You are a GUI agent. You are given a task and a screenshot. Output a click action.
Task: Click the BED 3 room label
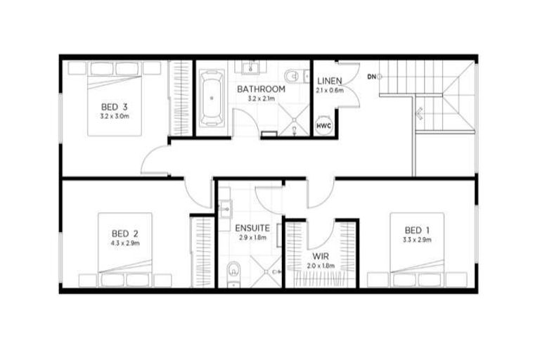point(115,108)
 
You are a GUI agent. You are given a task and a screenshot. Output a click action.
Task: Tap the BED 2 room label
point(124,233)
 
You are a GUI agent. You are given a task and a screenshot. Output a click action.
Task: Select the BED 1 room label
point(413,231)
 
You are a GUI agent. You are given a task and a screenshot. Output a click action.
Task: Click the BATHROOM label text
point(261,89)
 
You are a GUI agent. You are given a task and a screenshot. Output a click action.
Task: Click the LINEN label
point(330,81)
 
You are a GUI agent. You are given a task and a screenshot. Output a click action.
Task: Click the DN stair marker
point(372,75)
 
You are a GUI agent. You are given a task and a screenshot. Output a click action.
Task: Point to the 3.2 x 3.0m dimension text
point(115,116)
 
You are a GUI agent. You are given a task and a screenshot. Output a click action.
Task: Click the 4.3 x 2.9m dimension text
point(124,243)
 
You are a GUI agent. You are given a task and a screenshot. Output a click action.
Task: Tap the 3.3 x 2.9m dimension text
point(413,240)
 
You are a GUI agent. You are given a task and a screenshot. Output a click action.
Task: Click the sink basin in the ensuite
point(225,208)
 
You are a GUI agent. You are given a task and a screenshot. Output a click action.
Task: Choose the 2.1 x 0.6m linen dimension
point(330,90)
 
